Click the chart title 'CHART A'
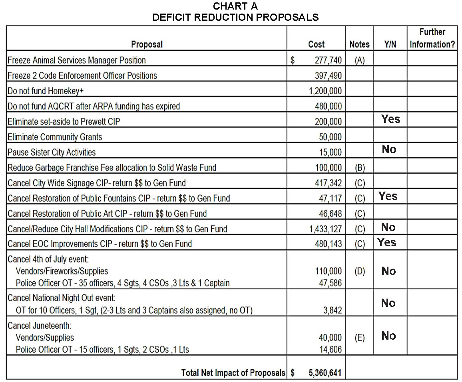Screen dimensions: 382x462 point(235,6)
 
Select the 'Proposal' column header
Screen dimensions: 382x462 point(147,44)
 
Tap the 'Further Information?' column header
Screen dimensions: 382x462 point(432,38)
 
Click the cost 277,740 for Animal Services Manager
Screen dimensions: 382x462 point(325,60)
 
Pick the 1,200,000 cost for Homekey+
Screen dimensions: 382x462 point(325,91)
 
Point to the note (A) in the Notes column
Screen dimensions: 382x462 point(359,60)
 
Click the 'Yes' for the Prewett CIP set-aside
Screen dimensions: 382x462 point(390,119)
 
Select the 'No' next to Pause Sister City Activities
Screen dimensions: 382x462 point(389,149)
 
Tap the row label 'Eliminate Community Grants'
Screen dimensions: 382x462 point(55,137)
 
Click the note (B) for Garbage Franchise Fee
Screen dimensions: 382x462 point(359,168)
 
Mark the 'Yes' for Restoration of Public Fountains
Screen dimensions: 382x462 point(388,196)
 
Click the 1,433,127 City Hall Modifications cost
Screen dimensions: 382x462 point(325,229)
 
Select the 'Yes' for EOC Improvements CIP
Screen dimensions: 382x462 point(387,242)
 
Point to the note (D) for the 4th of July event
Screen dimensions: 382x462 point(359,271)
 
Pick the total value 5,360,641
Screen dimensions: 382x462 point(325,373)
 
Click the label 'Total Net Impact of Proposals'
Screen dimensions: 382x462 point(233,373)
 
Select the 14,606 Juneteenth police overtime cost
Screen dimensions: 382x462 point(330,350)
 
